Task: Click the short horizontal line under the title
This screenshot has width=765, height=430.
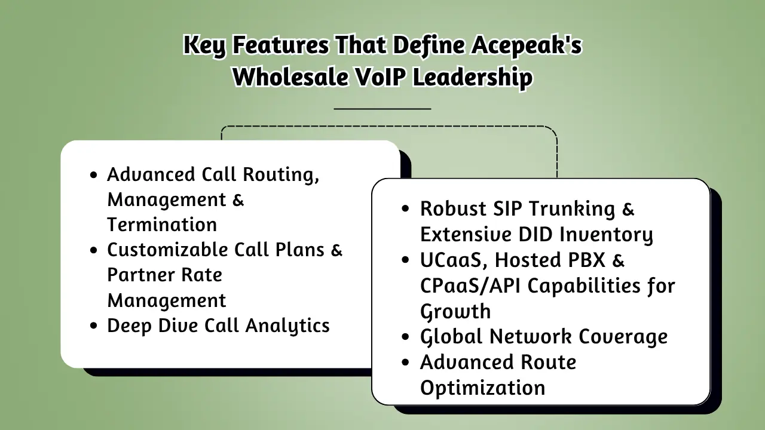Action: pos(382,109)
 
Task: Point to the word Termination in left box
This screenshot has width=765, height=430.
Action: pos(162,225)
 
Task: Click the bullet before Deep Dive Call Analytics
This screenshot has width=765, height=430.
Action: pos(93,326)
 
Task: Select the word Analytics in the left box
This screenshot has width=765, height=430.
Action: pos(287,326)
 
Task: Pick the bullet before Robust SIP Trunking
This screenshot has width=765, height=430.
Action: pos(406,210)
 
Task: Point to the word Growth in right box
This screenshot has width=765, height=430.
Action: pos(455,312)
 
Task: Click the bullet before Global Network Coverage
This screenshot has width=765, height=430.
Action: pos(406,337)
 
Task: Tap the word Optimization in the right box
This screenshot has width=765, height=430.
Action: pos(482,388)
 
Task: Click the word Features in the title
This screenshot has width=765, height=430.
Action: pos(280,45)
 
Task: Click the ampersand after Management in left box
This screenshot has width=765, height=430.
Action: pos(237,199)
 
